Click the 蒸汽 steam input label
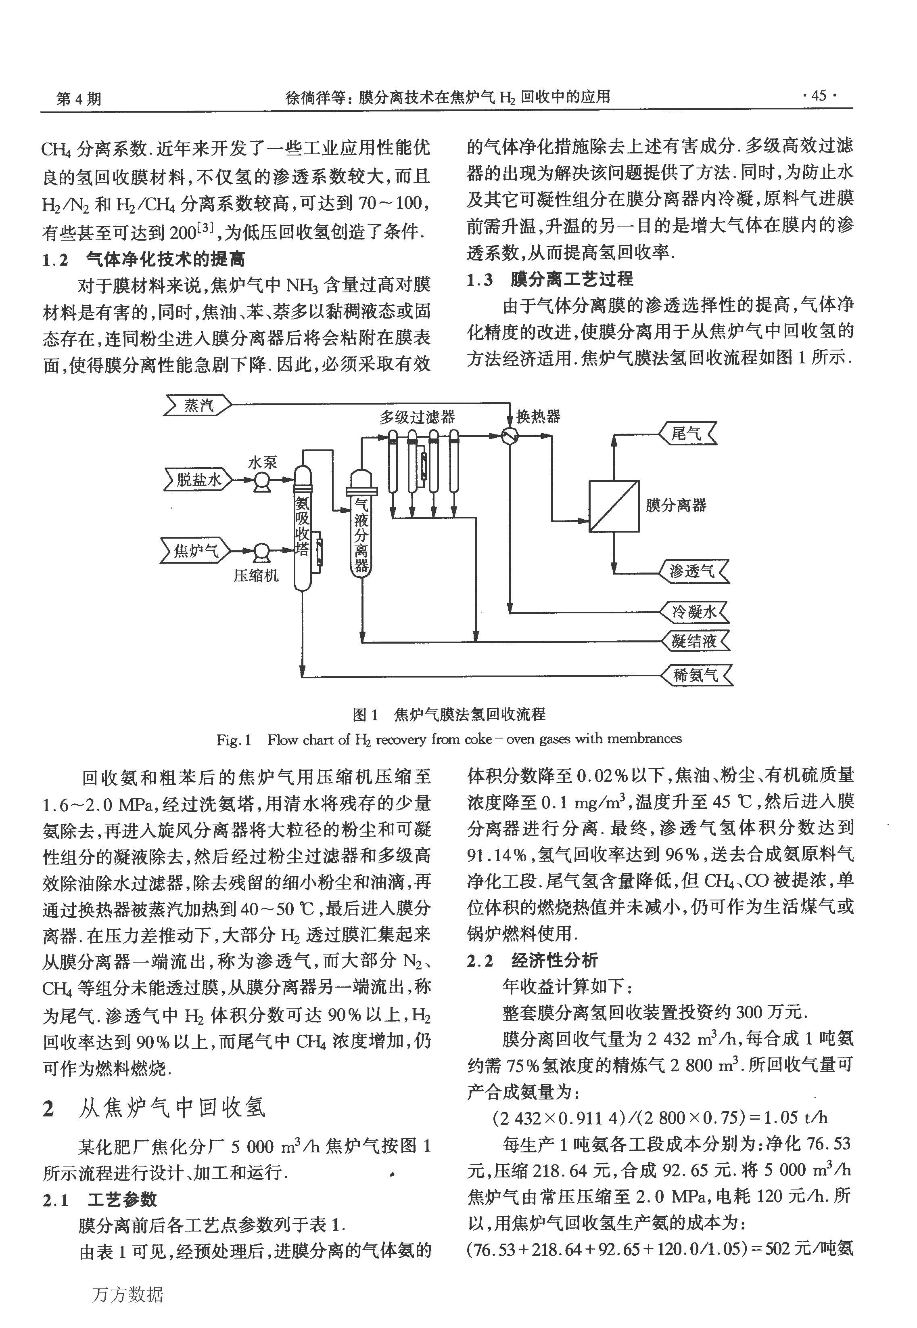pos(198,405)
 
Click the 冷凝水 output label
pos(694,612)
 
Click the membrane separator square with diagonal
pos(614,506)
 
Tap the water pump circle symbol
pos(263,480)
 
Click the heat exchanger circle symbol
pos(508,437)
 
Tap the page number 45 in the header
pos(819,95)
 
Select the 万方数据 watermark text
pos(127,1294)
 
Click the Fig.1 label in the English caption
pos(234,740)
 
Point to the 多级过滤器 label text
pos(417,417)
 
